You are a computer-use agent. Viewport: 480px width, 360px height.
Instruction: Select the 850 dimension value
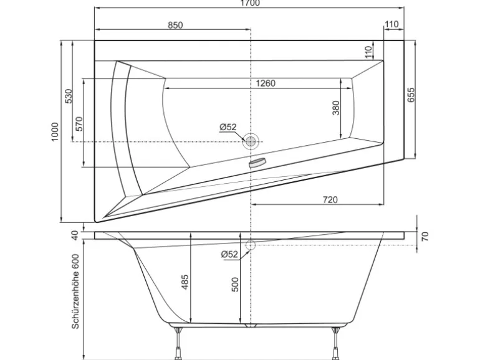[175, 24]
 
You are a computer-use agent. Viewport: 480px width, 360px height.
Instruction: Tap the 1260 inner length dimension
[264, 83]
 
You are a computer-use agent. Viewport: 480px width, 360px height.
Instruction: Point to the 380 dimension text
[336, 108]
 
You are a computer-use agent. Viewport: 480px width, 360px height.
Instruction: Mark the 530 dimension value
[69, 96]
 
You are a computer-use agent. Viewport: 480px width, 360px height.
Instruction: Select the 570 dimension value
[79, 123]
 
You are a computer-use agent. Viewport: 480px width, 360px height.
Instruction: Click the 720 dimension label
[330, 199]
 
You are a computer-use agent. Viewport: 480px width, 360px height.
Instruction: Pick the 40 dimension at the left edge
[75, 235]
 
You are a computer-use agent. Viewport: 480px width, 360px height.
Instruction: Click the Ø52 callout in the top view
[228, 127]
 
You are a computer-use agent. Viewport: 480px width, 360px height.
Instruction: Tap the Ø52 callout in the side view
[230, 254]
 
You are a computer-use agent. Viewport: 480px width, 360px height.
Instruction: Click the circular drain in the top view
[251, 141]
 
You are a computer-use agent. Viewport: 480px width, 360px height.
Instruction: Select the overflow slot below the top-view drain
[256, 164]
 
